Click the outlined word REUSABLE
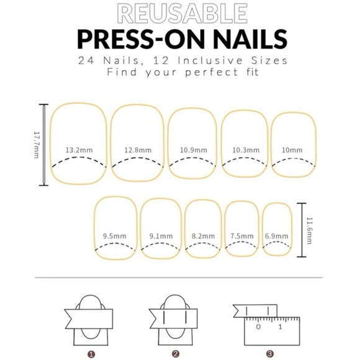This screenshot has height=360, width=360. point(182,13)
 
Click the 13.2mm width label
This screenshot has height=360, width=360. point(79,150)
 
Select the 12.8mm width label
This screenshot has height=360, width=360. point(138,150)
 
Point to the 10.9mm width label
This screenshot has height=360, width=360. point(194,150)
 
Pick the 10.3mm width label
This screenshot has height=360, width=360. point(246,150)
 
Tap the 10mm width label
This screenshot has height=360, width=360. point(292,150)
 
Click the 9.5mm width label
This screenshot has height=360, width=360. point(115,236)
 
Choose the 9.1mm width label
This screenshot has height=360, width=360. point(161,236)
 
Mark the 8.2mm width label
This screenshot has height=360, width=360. point(203,236)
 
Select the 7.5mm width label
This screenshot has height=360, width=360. point(242,236)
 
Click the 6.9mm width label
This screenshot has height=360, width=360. point(276,236)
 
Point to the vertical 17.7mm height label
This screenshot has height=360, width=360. point(37,145)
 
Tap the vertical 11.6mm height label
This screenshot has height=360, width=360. point(310,230)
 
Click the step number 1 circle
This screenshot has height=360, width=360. point(91,354)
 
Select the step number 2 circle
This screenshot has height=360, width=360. point(176,354)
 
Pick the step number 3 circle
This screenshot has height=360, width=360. point(270,354)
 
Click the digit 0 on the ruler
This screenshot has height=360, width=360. point(258,326)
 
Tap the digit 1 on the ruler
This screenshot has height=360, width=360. point(280,326)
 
